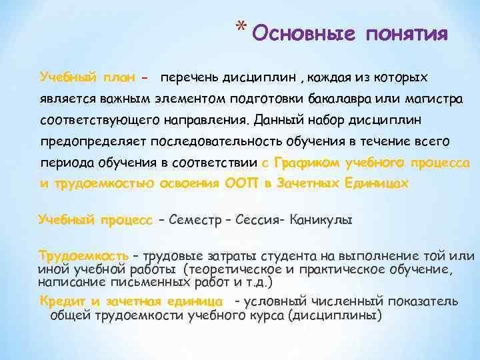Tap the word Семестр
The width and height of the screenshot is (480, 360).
[194, 219]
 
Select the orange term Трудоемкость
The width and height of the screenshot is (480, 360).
[84, 256]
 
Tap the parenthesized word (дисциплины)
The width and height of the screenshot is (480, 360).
[332, 315]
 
